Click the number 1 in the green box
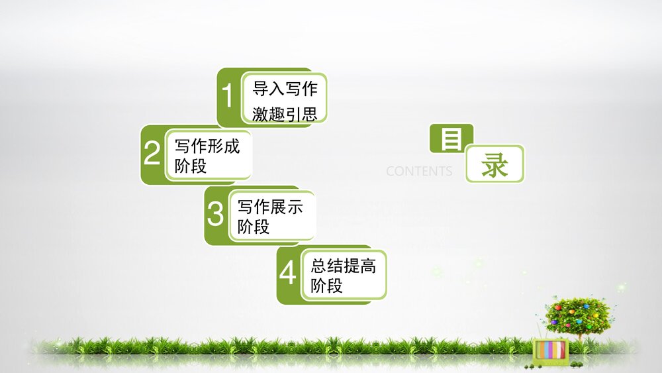tap(228, 97)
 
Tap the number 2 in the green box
tap(152, 154)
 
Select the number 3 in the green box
tap(216, 215)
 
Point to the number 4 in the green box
tap(288, 273)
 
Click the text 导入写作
tap(285, 88)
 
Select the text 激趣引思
tap(285, 113)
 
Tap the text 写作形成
tap(207, 146)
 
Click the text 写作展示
tap(270, 206)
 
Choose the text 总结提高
tap(343, 266)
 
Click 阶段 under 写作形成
tap(191, 166)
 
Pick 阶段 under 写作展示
tap(254, 227)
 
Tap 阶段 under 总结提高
tap(326, 286)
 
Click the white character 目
tap(451, 139)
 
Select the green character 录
tap(495, 164)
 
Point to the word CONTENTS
tap(419, 172)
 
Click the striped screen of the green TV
tap(551, 350)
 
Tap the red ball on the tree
tap(557, 308)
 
